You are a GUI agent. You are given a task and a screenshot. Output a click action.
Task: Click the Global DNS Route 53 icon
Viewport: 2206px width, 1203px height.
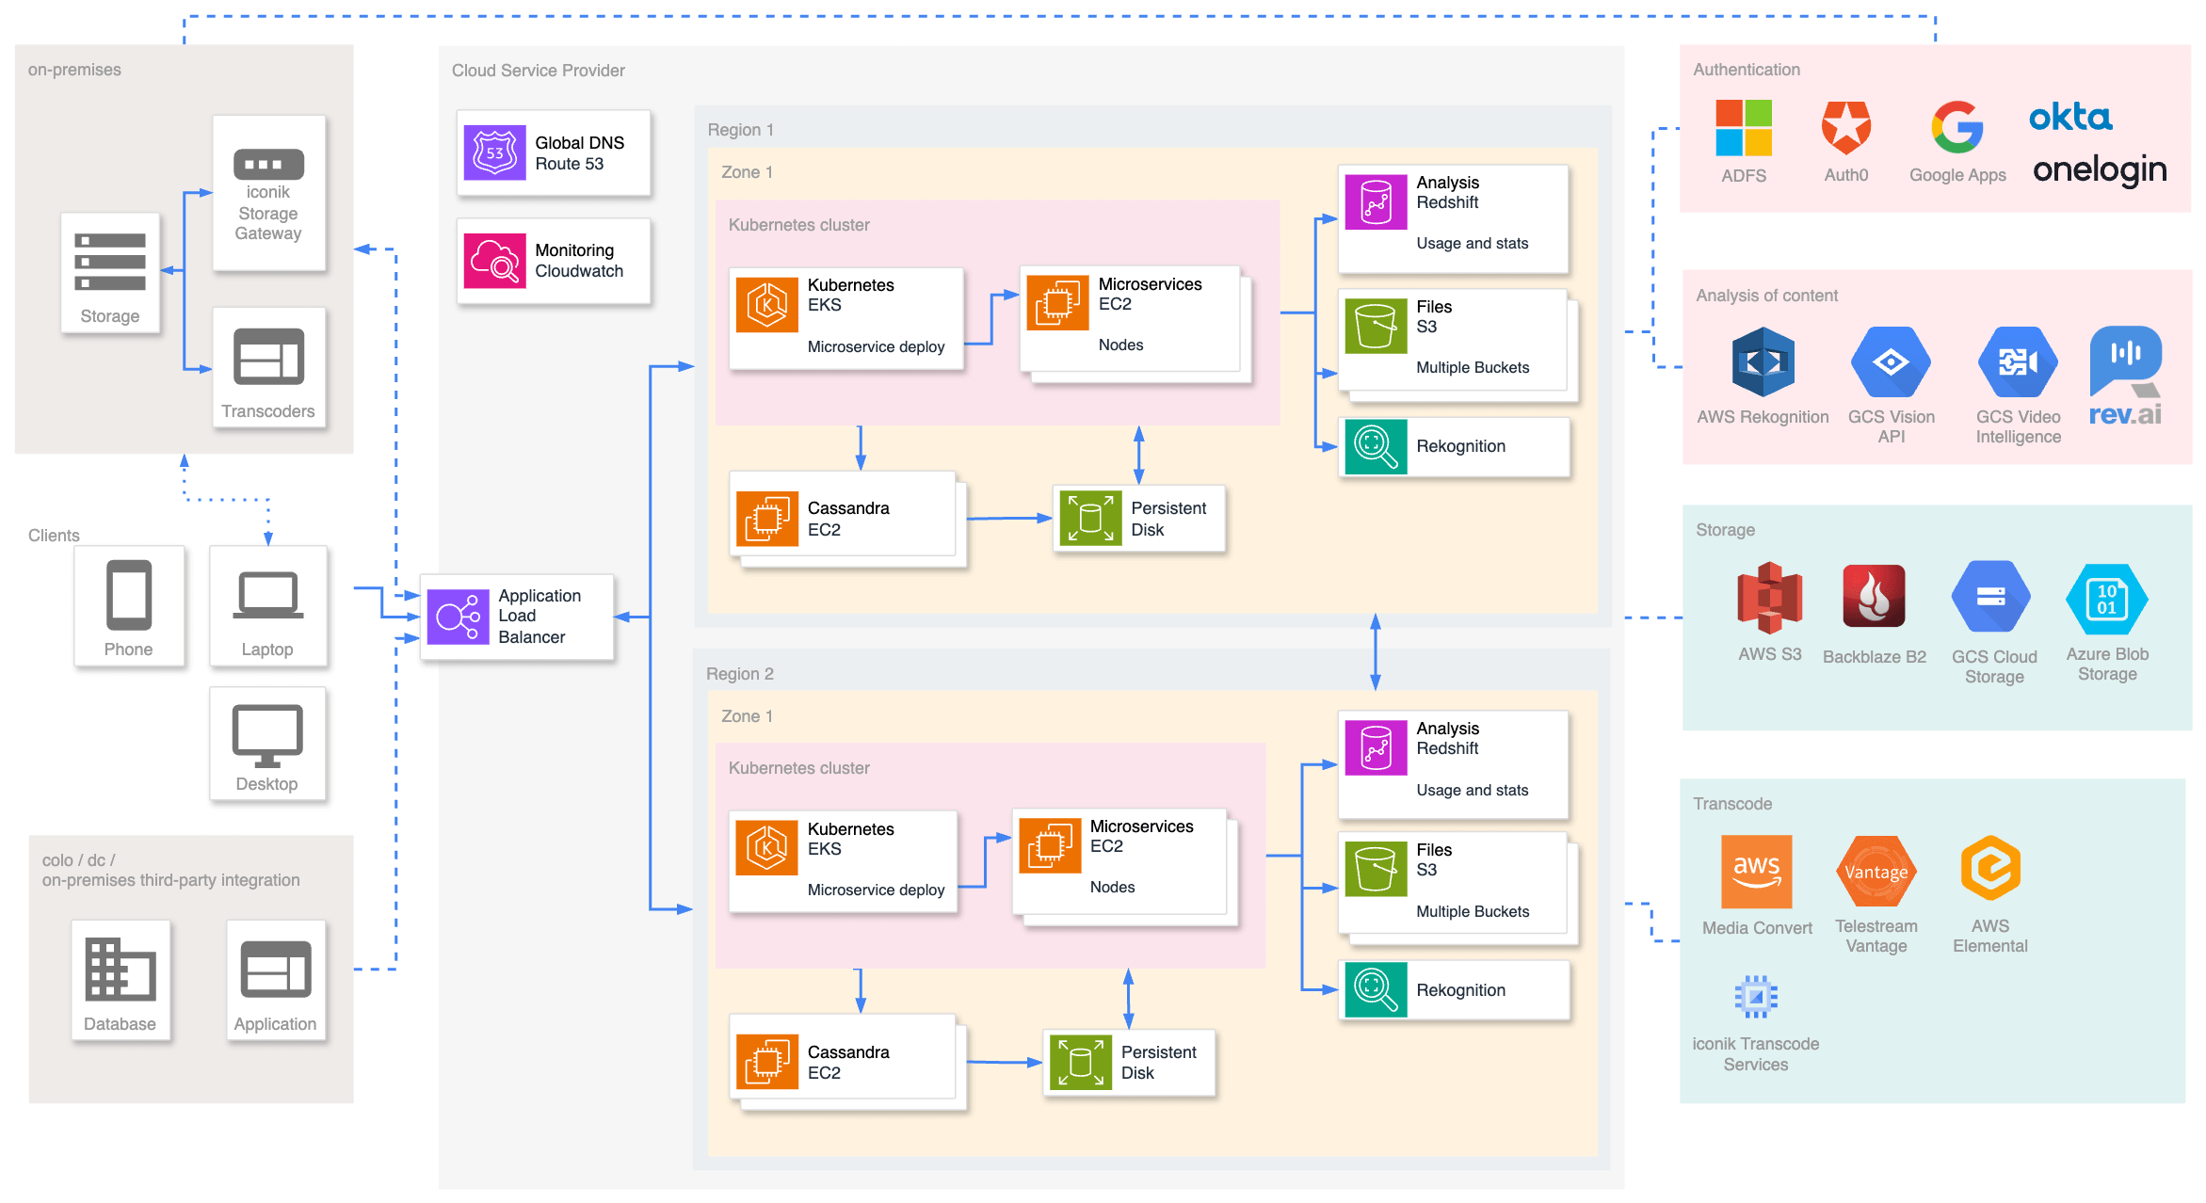point(494,152)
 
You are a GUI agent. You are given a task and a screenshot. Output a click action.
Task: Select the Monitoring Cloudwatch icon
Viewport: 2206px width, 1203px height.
point(494,261)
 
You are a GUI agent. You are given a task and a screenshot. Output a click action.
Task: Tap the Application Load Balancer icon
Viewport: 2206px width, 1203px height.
point(458,617)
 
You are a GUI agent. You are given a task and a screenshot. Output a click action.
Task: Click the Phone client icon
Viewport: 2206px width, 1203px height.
point(129,595)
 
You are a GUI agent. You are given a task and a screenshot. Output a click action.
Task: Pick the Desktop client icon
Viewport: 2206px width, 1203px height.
point(267,735)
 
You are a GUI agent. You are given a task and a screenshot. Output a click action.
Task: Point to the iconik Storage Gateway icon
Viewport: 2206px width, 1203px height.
point(268,164)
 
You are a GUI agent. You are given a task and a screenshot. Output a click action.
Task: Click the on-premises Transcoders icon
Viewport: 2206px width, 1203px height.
point(268,357)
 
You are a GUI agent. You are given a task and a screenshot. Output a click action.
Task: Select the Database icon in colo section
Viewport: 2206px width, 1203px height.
point(120,969)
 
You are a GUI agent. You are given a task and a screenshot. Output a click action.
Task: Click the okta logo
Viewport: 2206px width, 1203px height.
point(2069,118)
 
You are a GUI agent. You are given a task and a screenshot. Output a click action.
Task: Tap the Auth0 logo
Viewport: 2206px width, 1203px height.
point(1845,127)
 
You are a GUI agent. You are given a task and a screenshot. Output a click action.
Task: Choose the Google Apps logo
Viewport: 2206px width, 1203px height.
point(1956,127)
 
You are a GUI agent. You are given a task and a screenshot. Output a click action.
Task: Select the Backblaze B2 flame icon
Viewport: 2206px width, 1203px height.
point(1874,596)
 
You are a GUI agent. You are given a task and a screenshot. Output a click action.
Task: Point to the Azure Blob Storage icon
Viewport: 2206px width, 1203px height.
point(2106,599)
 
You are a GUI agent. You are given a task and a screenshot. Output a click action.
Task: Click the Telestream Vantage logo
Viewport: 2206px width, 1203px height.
point(1876,872)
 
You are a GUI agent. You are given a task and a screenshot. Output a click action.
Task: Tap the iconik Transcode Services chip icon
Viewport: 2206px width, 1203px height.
point(1755,996)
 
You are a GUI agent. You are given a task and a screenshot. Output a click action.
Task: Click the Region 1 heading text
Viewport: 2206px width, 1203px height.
point(740,130)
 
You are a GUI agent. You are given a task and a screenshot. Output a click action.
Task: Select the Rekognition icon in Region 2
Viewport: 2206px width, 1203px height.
point(1376,989)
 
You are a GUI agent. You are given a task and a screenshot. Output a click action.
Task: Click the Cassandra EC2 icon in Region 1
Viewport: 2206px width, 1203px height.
point(766,519)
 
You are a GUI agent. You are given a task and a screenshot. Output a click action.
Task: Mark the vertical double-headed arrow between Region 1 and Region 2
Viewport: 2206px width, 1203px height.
point(1375,651)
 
